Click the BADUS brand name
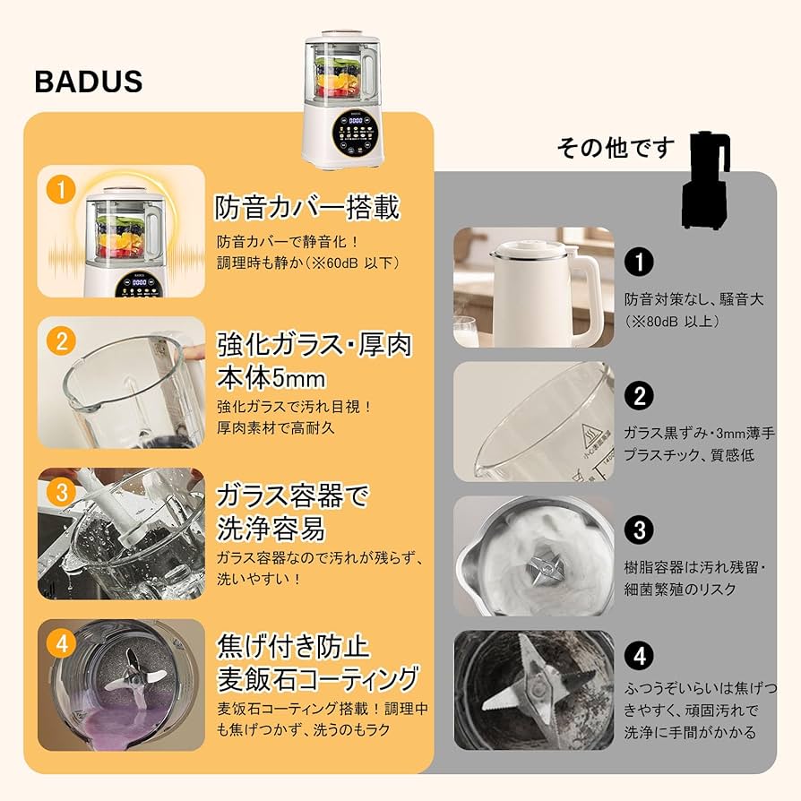(x=89, y=82)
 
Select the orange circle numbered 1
(x=60, y=189)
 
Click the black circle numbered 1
(x=639, y=262)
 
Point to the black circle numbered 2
(x=639, y=395)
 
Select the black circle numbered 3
(x=639, y=530)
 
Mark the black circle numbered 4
(x=639, y=656)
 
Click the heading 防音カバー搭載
(x=307, y=207)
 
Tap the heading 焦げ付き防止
(x=293, y=645)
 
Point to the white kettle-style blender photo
(x=533, y=286)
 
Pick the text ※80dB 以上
(x=673, y=320)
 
